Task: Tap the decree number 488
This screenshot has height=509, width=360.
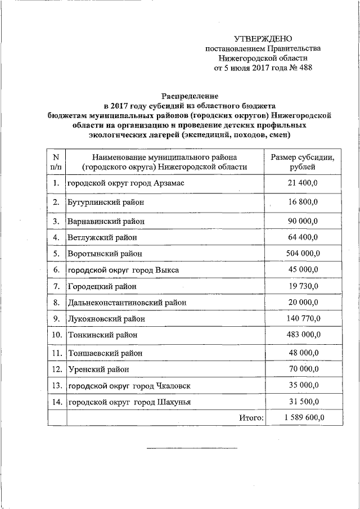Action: [304, 68]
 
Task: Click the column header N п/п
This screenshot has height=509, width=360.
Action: [56, 161]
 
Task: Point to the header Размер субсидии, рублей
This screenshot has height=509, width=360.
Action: [303, 161]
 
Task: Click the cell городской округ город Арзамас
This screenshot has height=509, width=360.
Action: [124, 184]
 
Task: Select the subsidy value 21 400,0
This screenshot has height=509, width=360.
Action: [303, 184]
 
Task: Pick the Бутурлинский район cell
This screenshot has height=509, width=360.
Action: [105, 202]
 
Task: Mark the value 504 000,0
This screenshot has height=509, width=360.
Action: [303, 254]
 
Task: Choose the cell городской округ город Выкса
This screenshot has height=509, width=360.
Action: [123, 270]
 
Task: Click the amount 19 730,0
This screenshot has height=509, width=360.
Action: [303, 286]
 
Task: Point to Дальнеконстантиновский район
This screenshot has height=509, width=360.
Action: [127, 303]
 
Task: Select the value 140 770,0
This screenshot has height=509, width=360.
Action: [303, 319]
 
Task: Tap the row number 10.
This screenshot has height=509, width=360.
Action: [56, 335]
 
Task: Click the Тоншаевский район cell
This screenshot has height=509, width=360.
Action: [105, 353]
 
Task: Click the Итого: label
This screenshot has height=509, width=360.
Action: [251, 418]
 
